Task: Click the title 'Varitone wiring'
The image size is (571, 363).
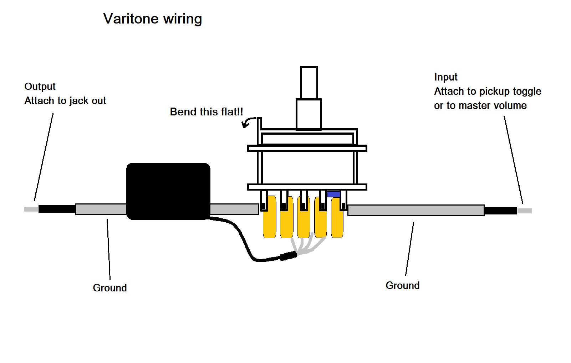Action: [x=152, y=19]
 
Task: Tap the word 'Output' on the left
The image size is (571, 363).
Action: [x=40, y=87]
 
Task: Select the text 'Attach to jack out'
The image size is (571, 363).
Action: [x=65, y=101]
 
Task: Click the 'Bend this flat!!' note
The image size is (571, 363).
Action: [x=207, y=112]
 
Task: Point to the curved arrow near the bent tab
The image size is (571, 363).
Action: [x=248, y=122]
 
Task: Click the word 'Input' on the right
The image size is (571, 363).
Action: [x=446, y=77]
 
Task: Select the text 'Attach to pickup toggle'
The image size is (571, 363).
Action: [x=488, y=92]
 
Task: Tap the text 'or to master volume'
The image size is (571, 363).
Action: [x=480, y=105]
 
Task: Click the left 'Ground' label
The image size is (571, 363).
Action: [x=110, y=288]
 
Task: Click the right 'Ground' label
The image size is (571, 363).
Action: [x=403, y=286]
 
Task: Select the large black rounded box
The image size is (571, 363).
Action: [x=168, y=191]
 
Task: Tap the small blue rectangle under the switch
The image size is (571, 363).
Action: [x=333, y=194]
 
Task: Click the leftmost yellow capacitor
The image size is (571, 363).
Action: [x=270, y=217]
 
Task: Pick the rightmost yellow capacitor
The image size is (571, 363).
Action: [x=337, y=218]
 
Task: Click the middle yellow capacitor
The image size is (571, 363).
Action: [x=304, y=217]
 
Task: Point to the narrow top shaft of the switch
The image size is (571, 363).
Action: [x=309, y=83]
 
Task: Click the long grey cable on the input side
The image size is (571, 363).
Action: [x=416, y=211]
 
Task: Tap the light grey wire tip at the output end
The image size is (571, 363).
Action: [x=31, y=209]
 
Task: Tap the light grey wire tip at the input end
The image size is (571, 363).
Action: [x=525, y=211]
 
